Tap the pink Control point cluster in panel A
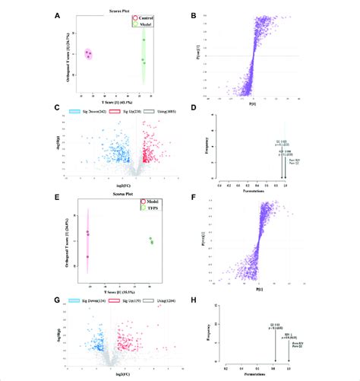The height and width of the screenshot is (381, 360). tap(88, 54)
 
